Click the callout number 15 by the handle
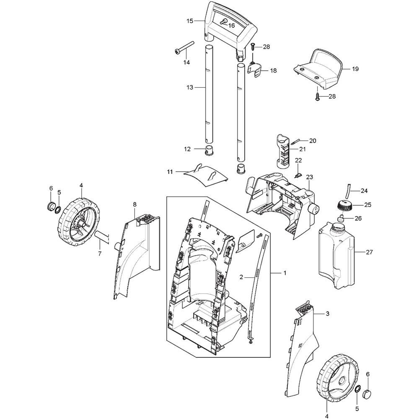[190, 21]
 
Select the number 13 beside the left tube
[190, 88]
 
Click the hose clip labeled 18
[256, 70]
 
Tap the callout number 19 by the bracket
[355, 69]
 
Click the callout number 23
[310, 177]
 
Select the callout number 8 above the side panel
[134, 204]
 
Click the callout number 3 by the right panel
[328, 313]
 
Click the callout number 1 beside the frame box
[285, 273]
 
